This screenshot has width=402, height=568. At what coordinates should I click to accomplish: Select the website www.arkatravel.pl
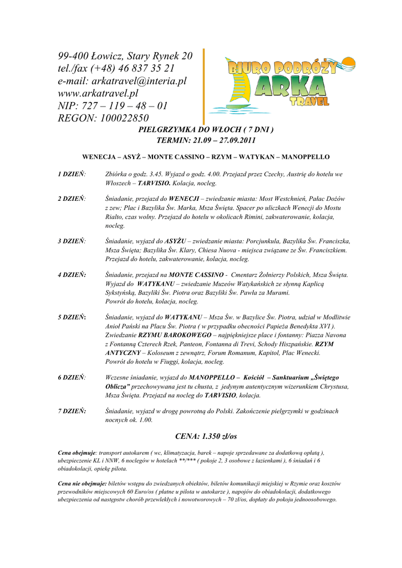(98, 93)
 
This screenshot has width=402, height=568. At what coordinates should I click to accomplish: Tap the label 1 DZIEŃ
(72, 174)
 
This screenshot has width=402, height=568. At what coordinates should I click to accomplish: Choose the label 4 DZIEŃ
(72, 275)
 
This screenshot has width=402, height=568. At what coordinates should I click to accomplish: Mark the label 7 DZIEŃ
(72, 411)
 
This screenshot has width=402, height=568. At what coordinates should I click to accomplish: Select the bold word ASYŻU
(175, 241)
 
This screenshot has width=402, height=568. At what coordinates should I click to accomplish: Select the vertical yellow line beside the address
(203, 86)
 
